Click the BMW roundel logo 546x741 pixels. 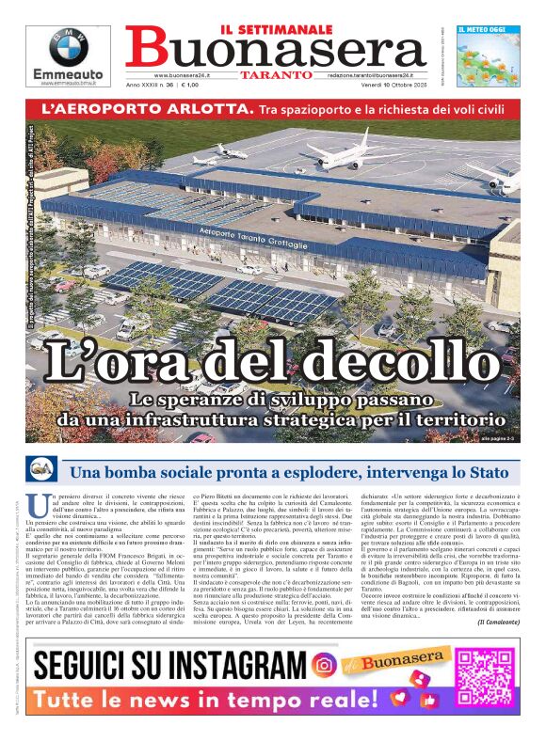tap(68, 48)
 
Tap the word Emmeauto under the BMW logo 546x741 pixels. tap(68, 73)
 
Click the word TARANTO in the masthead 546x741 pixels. tap(276, 74)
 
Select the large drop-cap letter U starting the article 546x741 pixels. tap(37, 505)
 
